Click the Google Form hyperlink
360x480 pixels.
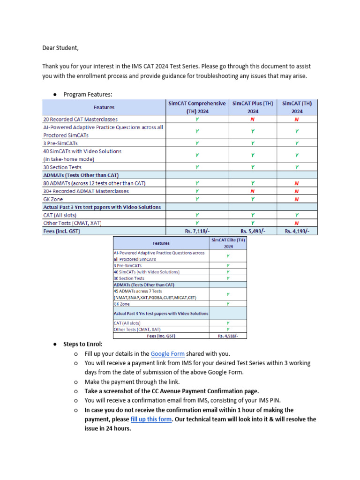click(x=167, y=354)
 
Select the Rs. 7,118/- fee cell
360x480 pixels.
click(x=197, y=231)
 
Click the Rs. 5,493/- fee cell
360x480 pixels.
click(x=253, y=231)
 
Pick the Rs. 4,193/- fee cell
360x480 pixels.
click(x=297, y=231)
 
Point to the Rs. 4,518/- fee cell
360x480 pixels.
click(x=228, y=336)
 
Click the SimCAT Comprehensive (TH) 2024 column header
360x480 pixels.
click(x=197, y=107)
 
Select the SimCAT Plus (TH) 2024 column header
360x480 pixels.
click(x=253, y=107)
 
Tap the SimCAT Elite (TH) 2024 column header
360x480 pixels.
click(x=228, y=243)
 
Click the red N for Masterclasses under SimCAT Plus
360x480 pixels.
click(x=253, y=120)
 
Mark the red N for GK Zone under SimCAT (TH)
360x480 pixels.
click(x=297, y=199)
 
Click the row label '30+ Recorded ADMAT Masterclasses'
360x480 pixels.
click(x=86, y=191)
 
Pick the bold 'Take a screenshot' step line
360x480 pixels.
click(x=172, y=391)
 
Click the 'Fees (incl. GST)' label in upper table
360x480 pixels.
click(x=61, y=231)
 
